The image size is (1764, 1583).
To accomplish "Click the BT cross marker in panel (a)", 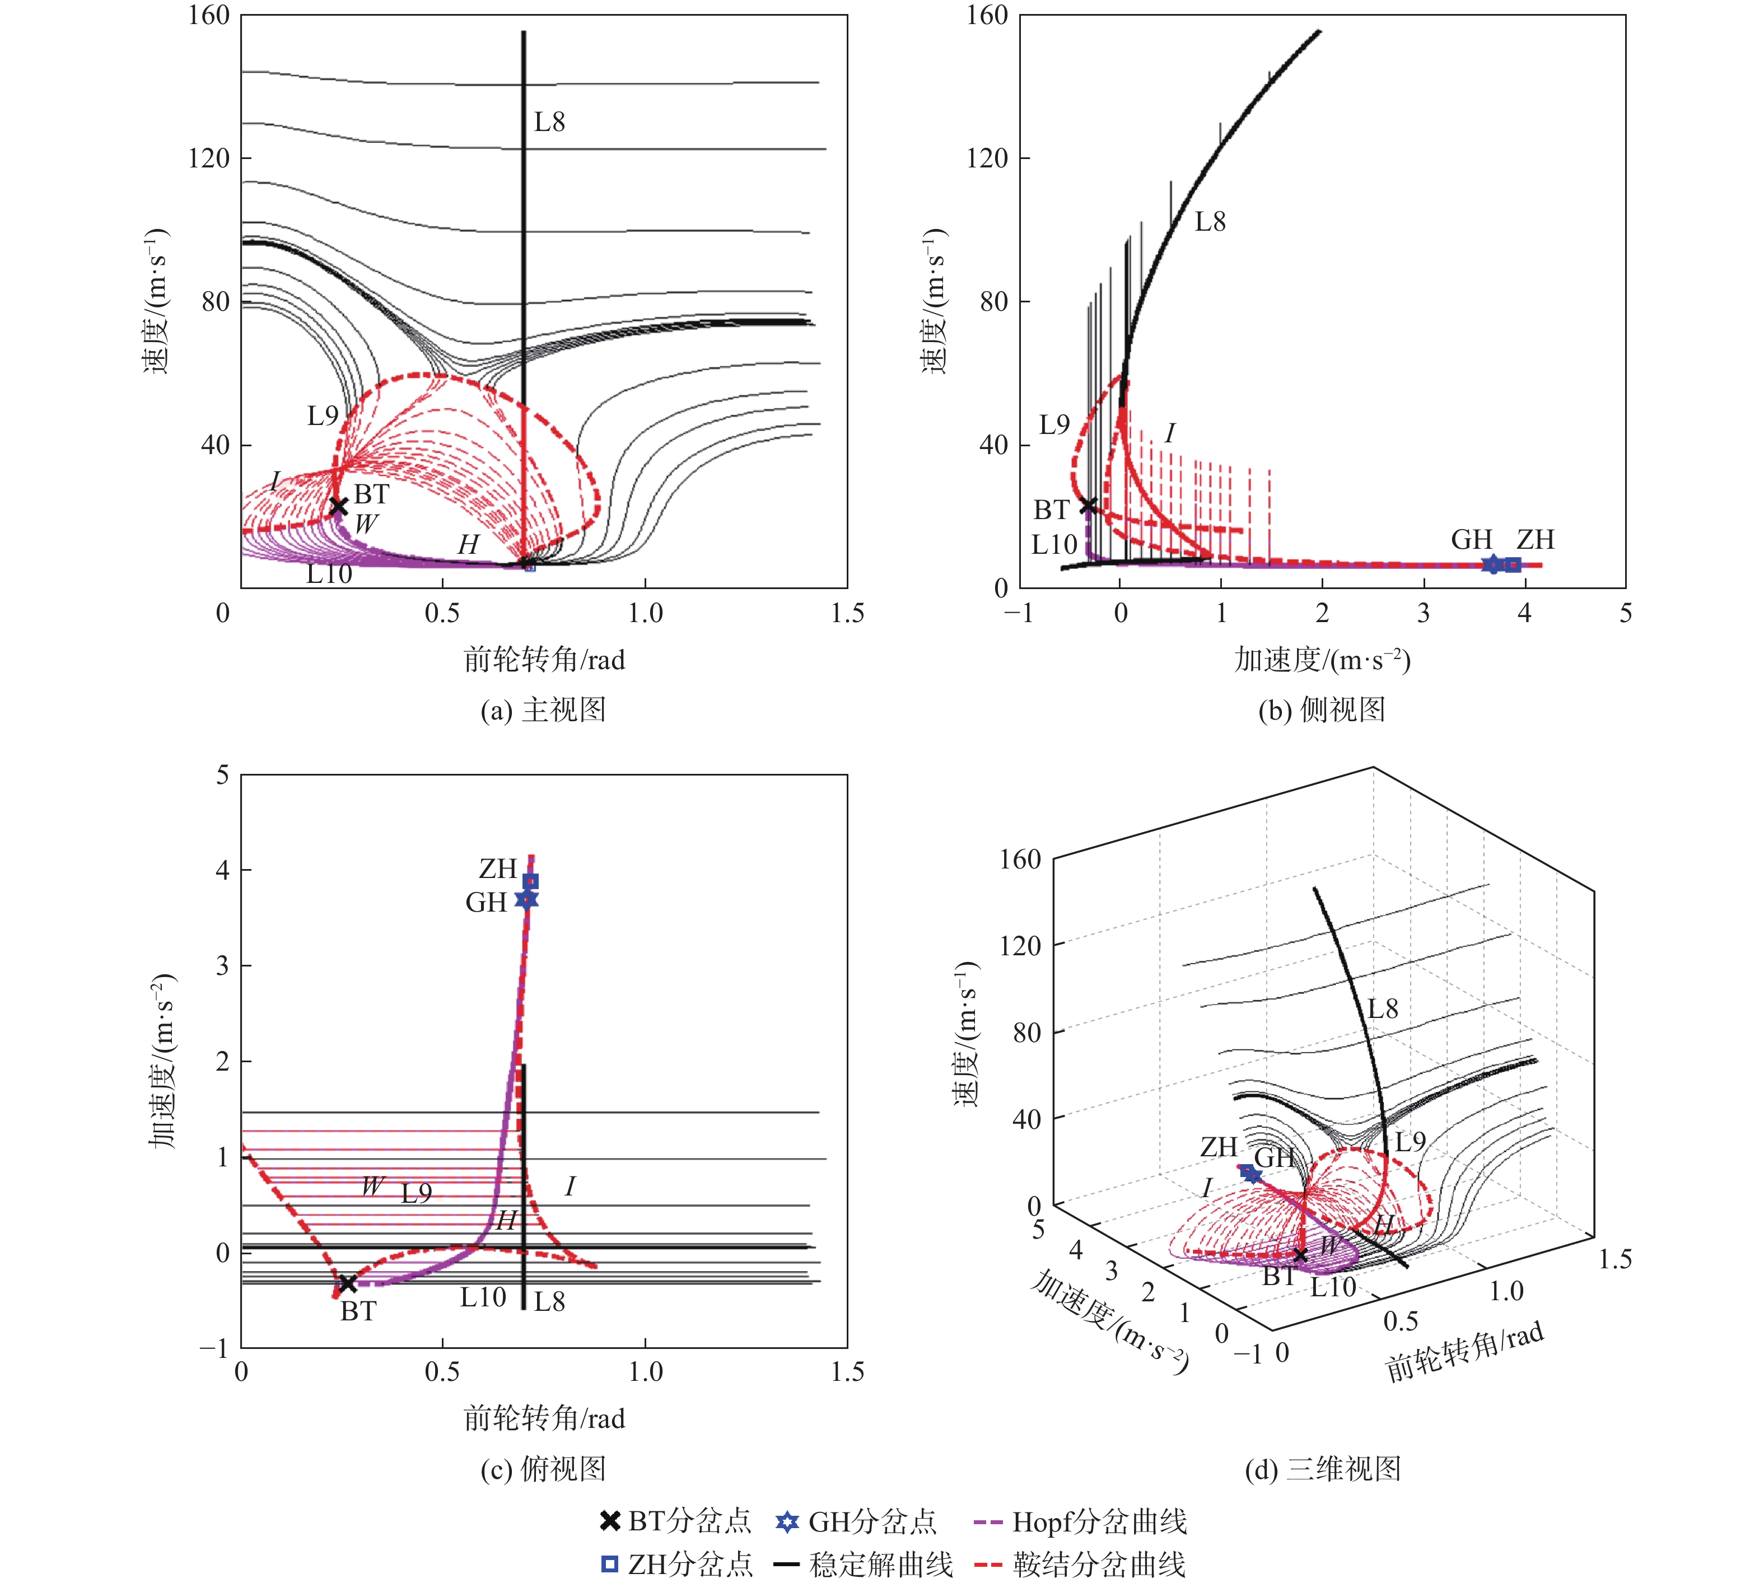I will pyautogui.click(x=338, y=506).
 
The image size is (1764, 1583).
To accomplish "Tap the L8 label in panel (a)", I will pyautogui.click(x=549, y=123).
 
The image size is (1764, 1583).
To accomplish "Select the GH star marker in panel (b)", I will pyautogui.click(x=1492, y=564).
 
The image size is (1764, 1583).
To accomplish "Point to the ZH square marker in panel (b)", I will pyautogui.click(x=1514, y=564).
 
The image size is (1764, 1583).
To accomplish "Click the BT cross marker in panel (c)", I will pyautogui.click(x=347, y=1283).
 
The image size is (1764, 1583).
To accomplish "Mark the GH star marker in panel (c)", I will pyautogui.click(x=527, y=899).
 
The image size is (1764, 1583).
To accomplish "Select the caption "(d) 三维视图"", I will pyautogui.click(x=1322, y=1469).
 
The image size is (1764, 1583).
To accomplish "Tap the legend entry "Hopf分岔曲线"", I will pyautogui.click(x=1099, y=1521).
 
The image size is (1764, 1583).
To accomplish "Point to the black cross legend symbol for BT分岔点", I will pyautogui.click(x=610, y=1521).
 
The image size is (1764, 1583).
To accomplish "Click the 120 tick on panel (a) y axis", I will pyautogui.click(x=209, y=158).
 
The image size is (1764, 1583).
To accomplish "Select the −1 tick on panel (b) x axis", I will pyautogui.click(x=1019, y=613).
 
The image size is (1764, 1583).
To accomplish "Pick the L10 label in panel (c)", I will pyautogui.click(x=483, y=1298).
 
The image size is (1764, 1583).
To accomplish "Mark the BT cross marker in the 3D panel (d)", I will pyautogui.click(x=1300, y=1254).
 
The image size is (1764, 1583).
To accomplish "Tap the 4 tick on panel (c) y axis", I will pyautogui.click(x=223, y=870).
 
